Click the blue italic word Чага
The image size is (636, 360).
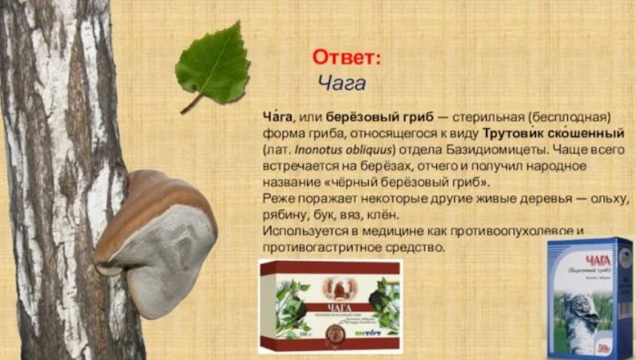(x=342, y=84)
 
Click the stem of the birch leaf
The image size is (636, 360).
(x=191, y=104)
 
